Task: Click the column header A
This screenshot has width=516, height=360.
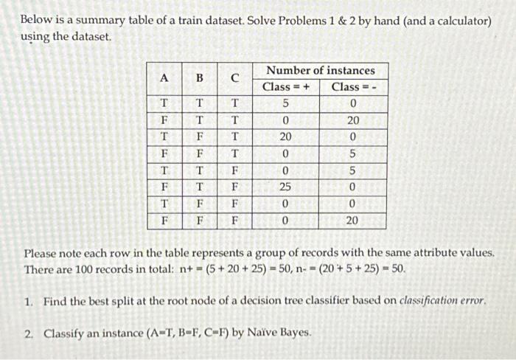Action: tap(164, 78)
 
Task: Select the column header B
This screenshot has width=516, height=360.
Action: tap(199, 78)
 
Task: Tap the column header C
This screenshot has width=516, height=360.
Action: tap(234, 78)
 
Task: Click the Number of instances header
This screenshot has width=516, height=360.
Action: tap(321, 70)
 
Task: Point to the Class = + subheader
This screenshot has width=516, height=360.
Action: tap(285, 87)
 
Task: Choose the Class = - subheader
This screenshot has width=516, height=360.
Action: tap(355, 87)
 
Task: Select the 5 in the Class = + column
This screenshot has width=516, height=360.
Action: tap(285, 103)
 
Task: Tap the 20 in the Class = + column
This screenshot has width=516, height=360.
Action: tap(285, 137)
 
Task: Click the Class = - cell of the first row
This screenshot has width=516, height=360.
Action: tap(354, 103)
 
